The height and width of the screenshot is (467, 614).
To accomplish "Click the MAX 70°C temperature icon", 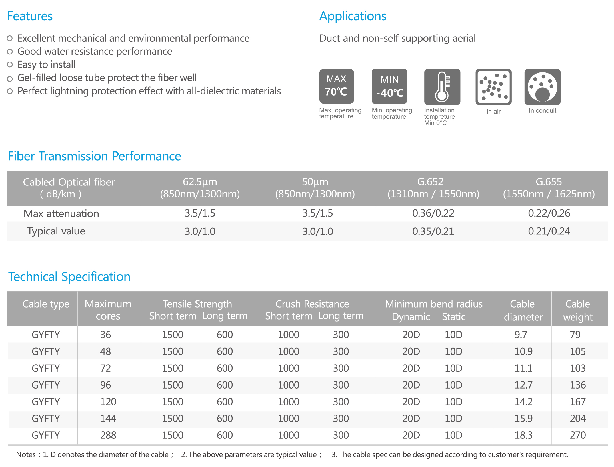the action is tap(337, 86).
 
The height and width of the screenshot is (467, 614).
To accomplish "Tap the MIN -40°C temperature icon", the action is tap(389, 86).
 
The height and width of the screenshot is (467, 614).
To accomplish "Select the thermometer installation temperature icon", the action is tap(442, 87).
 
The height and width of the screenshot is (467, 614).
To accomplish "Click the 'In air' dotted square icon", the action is tap(493, 87).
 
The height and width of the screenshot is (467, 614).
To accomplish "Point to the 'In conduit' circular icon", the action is tap(542, 87).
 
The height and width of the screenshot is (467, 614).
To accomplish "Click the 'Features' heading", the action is tap(30, 16).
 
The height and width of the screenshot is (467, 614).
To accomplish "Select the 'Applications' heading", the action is tap(353, 16).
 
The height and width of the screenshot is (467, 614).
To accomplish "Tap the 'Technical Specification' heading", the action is tap(69, 277).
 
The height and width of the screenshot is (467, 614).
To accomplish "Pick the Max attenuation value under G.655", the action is tap(549, 213).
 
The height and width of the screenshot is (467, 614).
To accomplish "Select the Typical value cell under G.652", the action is tap(433, 231).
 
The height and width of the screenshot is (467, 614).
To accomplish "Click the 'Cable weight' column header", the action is tap(578, 310).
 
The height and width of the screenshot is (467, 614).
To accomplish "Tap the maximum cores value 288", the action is tap(108, 435).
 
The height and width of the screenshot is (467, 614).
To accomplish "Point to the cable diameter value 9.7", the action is tap(521, 335).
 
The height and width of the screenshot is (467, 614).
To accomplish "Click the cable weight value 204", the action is tap(578, 419).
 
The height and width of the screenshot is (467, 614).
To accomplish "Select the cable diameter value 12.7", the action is tap(523, 385).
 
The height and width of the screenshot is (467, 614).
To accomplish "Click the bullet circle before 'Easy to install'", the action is tap(10, 64).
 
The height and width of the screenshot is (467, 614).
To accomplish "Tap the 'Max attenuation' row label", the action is tap(61, 213).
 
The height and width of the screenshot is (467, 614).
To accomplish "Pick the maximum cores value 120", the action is tap(108, 402).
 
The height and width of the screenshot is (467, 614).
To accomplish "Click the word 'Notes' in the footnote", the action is tap(26, 455).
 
